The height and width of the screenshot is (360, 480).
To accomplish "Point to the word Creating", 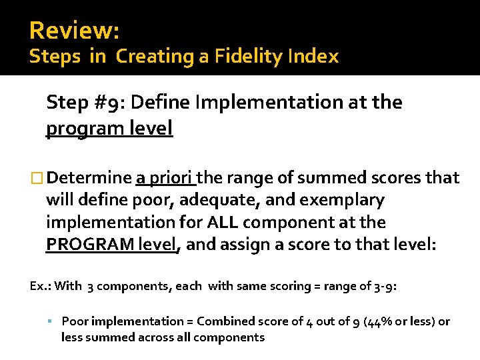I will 155,57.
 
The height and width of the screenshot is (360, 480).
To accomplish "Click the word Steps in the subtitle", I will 55,57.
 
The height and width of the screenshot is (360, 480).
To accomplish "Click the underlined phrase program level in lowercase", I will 109,127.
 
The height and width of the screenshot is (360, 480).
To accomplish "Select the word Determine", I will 89,178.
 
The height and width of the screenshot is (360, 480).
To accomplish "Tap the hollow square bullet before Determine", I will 37,178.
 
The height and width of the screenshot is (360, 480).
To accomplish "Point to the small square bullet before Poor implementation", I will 51,321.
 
